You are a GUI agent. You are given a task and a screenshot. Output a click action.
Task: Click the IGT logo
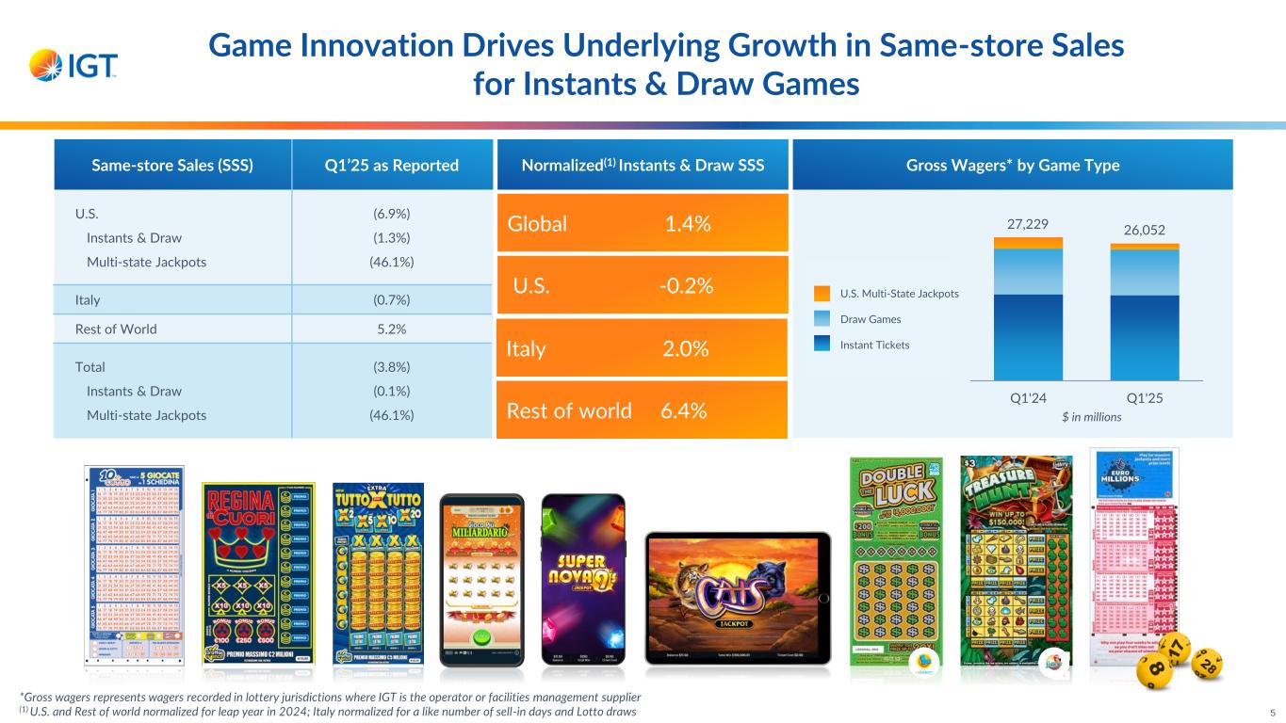pos(73,65)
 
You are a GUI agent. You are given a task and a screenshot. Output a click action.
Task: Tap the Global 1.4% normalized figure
pos(687,224)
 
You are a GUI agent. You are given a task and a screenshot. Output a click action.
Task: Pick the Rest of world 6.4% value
pos(684,410)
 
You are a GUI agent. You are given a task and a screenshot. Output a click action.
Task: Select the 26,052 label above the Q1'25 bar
pos(1144,230)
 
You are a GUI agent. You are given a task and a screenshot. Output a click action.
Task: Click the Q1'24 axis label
pos(1029,397)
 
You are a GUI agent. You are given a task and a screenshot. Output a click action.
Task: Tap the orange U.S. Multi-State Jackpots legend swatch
pos(822,294)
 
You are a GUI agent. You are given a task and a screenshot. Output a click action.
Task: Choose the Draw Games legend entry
pos(871,320)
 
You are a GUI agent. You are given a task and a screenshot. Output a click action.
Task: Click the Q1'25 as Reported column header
pos(392,166)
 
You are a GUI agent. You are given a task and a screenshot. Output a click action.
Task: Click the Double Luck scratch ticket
pos(896,561)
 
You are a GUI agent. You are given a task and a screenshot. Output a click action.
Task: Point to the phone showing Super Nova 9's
pos(582,580)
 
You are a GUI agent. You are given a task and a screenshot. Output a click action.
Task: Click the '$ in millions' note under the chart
pos(1087,416)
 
